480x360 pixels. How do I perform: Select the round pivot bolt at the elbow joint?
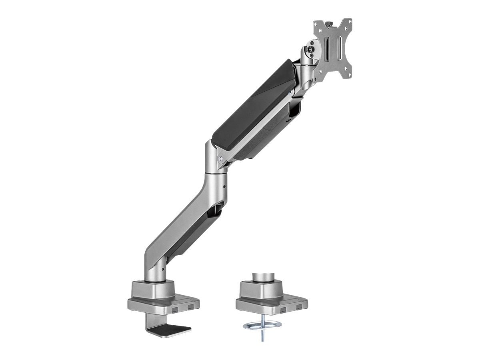click(x=220, y=158)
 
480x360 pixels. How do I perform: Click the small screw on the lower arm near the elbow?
click(x=224, y=187)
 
